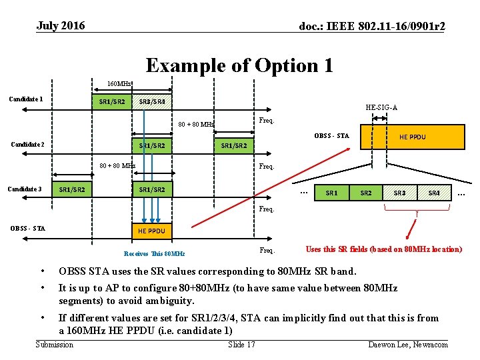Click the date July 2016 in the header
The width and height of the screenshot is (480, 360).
click(61, 26)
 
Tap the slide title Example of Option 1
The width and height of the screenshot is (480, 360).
click(239, 65)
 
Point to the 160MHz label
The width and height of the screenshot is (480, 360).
click(119, 84)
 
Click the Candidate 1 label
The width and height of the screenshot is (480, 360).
click(26, 99)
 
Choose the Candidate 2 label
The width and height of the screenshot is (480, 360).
click(28, 145)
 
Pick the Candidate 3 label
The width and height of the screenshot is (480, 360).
click(26, 189)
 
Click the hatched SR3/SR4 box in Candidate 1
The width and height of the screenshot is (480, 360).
click(152, 102)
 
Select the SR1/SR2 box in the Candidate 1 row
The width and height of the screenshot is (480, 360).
click(112, 102)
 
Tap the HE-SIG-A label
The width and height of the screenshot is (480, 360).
click(382, 107)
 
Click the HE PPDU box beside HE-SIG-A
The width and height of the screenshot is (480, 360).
click(412, 137)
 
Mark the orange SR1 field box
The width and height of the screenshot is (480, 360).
click(331, 193)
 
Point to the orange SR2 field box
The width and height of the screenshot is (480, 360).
click(366, 193)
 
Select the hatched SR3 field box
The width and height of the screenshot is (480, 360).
click(400, 193)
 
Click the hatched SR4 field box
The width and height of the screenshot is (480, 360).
click(434, 193)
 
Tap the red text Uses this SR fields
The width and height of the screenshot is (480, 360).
click(383, 249)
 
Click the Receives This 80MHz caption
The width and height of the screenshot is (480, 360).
click(154, 253)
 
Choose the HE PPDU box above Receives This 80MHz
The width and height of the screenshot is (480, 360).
click(151, 231)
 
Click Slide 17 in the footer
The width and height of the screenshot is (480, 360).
click(241, 344)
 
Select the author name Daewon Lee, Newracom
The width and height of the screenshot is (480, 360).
click(407, 344)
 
